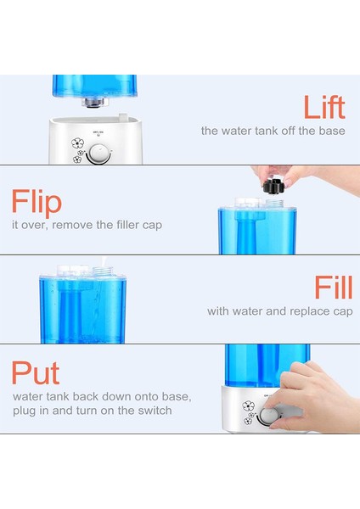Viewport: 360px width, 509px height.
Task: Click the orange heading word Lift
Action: coord(324,108)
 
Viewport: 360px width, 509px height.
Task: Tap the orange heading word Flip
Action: coord(37,202)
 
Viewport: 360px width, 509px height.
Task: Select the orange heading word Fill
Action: coord(334,288)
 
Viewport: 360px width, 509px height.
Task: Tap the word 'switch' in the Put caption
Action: coord(155,411)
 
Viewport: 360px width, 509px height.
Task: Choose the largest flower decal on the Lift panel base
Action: coord(77,143)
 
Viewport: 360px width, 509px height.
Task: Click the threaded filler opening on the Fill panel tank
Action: coord(102,271)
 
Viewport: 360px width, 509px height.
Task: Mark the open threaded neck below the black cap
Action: coord(274,203)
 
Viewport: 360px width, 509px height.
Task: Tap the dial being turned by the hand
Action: coord(269,417)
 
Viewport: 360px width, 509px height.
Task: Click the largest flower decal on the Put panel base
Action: coord(248,406)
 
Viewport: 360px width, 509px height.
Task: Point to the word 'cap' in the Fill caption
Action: coord(343,312)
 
